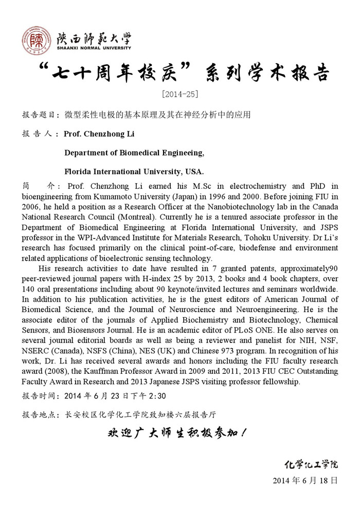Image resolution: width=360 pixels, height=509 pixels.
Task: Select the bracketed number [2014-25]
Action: tap(179, 94)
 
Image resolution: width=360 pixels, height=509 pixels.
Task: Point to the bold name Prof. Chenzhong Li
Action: tap(100, 134)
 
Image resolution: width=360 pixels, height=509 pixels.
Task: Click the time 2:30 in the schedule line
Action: tap(155, 396)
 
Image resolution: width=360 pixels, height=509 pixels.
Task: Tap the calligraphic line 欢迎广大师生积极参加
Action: tap(179, 433)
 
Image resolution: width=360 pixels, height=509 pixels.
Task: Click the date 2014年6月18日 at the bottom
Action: tap(305, 481)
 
